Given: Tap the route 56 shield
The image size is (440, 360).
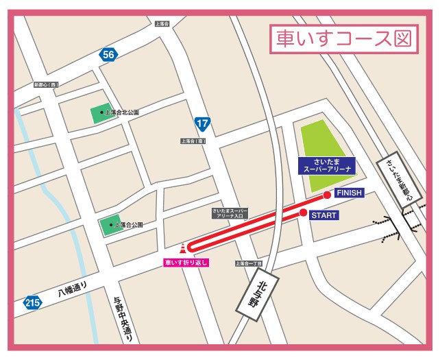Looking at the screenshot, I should pos(107,55).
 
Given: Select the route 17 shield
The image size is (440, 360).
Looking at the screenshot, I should pos(201,123).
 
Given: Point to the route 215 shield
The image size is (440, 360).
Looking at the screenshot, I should pos(31,302).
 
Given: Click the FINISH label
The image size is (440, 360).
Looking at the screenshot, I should pos(348,193).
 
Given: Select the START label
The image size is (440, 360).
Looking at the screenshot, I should pos(324,215).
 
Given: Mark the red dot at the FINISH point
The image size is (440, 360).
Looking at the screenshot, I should pos(327,195).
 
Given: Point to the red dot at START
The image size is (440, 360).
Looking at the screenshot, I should pos(303,213).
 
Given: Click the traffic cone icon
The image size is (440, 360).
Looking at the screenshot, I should pos(182,248).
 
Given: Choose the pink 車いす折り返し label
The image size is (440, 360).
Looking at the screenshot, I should pos(185,262).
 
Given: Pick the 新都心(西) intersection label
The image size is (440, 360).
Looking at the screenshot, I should pos(46,85).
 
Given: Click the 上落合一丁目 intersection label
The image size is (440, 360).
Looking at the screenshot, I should pos(249,263).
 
